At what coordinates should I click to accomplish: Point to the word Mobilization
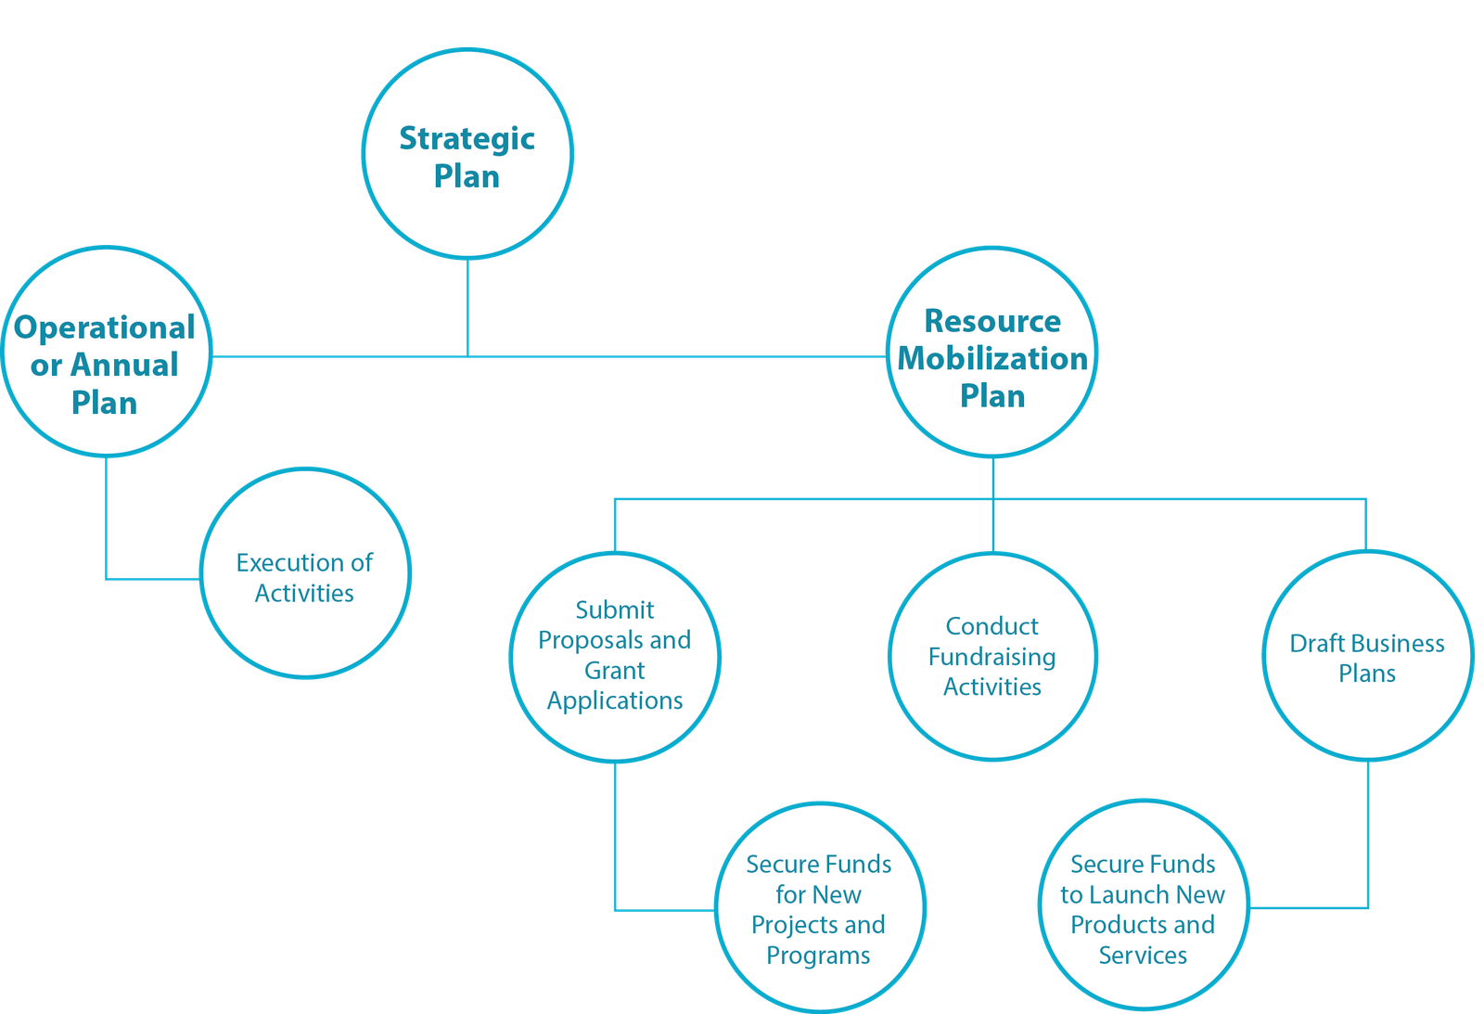[x=992, y=358]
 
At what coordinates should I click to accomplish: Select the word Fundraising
[x=991, y=658]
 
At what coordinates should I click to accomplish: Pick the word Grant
[x=614, y=670]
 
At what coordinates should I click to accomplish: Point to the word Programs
[x=818, y=956]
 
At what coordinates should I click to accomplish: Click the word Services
[x=1143, y=955]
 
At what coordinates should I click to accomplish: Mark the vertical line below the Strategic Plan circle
[x=467, y=308]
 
